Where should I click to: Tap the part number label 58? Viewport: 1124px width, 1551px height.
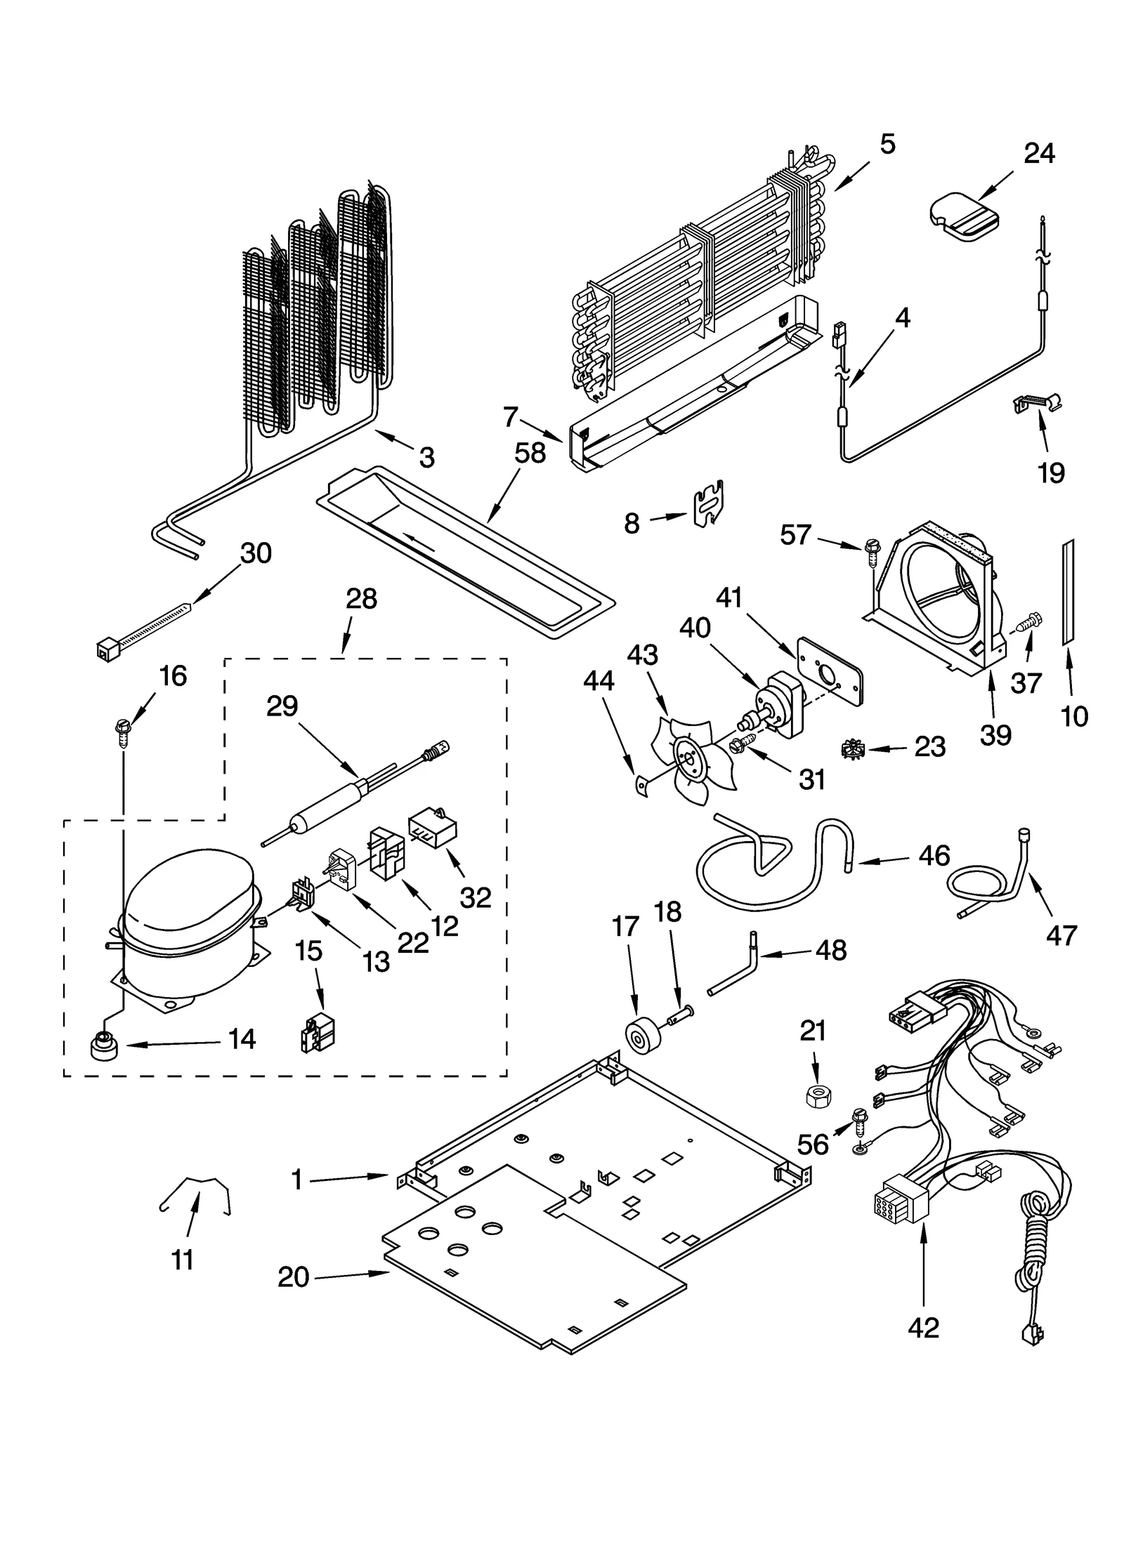[x=530, y=454]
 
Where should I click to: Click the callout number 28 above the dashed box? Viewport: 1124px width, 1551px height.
[x=361, y=599]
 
